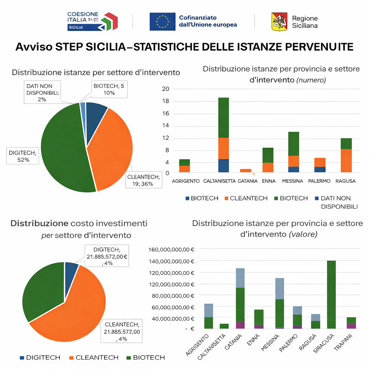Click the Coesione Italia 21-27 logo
click(92, 21)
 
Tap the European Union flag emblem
click(163, 21)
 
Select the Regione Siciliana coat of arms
click(280, 21)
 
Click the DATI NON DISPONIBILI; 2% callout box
click(42, 92)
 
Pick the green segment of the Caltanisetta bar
click(223, 117)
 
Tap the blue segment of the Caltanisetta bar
click(223, 165)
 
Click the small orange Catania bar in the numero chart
click(246, 170)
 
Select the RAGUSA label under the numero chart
click(345, 181)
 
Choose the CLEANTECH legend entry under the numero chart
click(245, 198)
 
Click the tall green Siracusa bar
click(331, 294)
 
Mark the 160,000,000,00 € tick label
click(172, 249)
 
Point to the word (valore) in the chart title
click(303, 234)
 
